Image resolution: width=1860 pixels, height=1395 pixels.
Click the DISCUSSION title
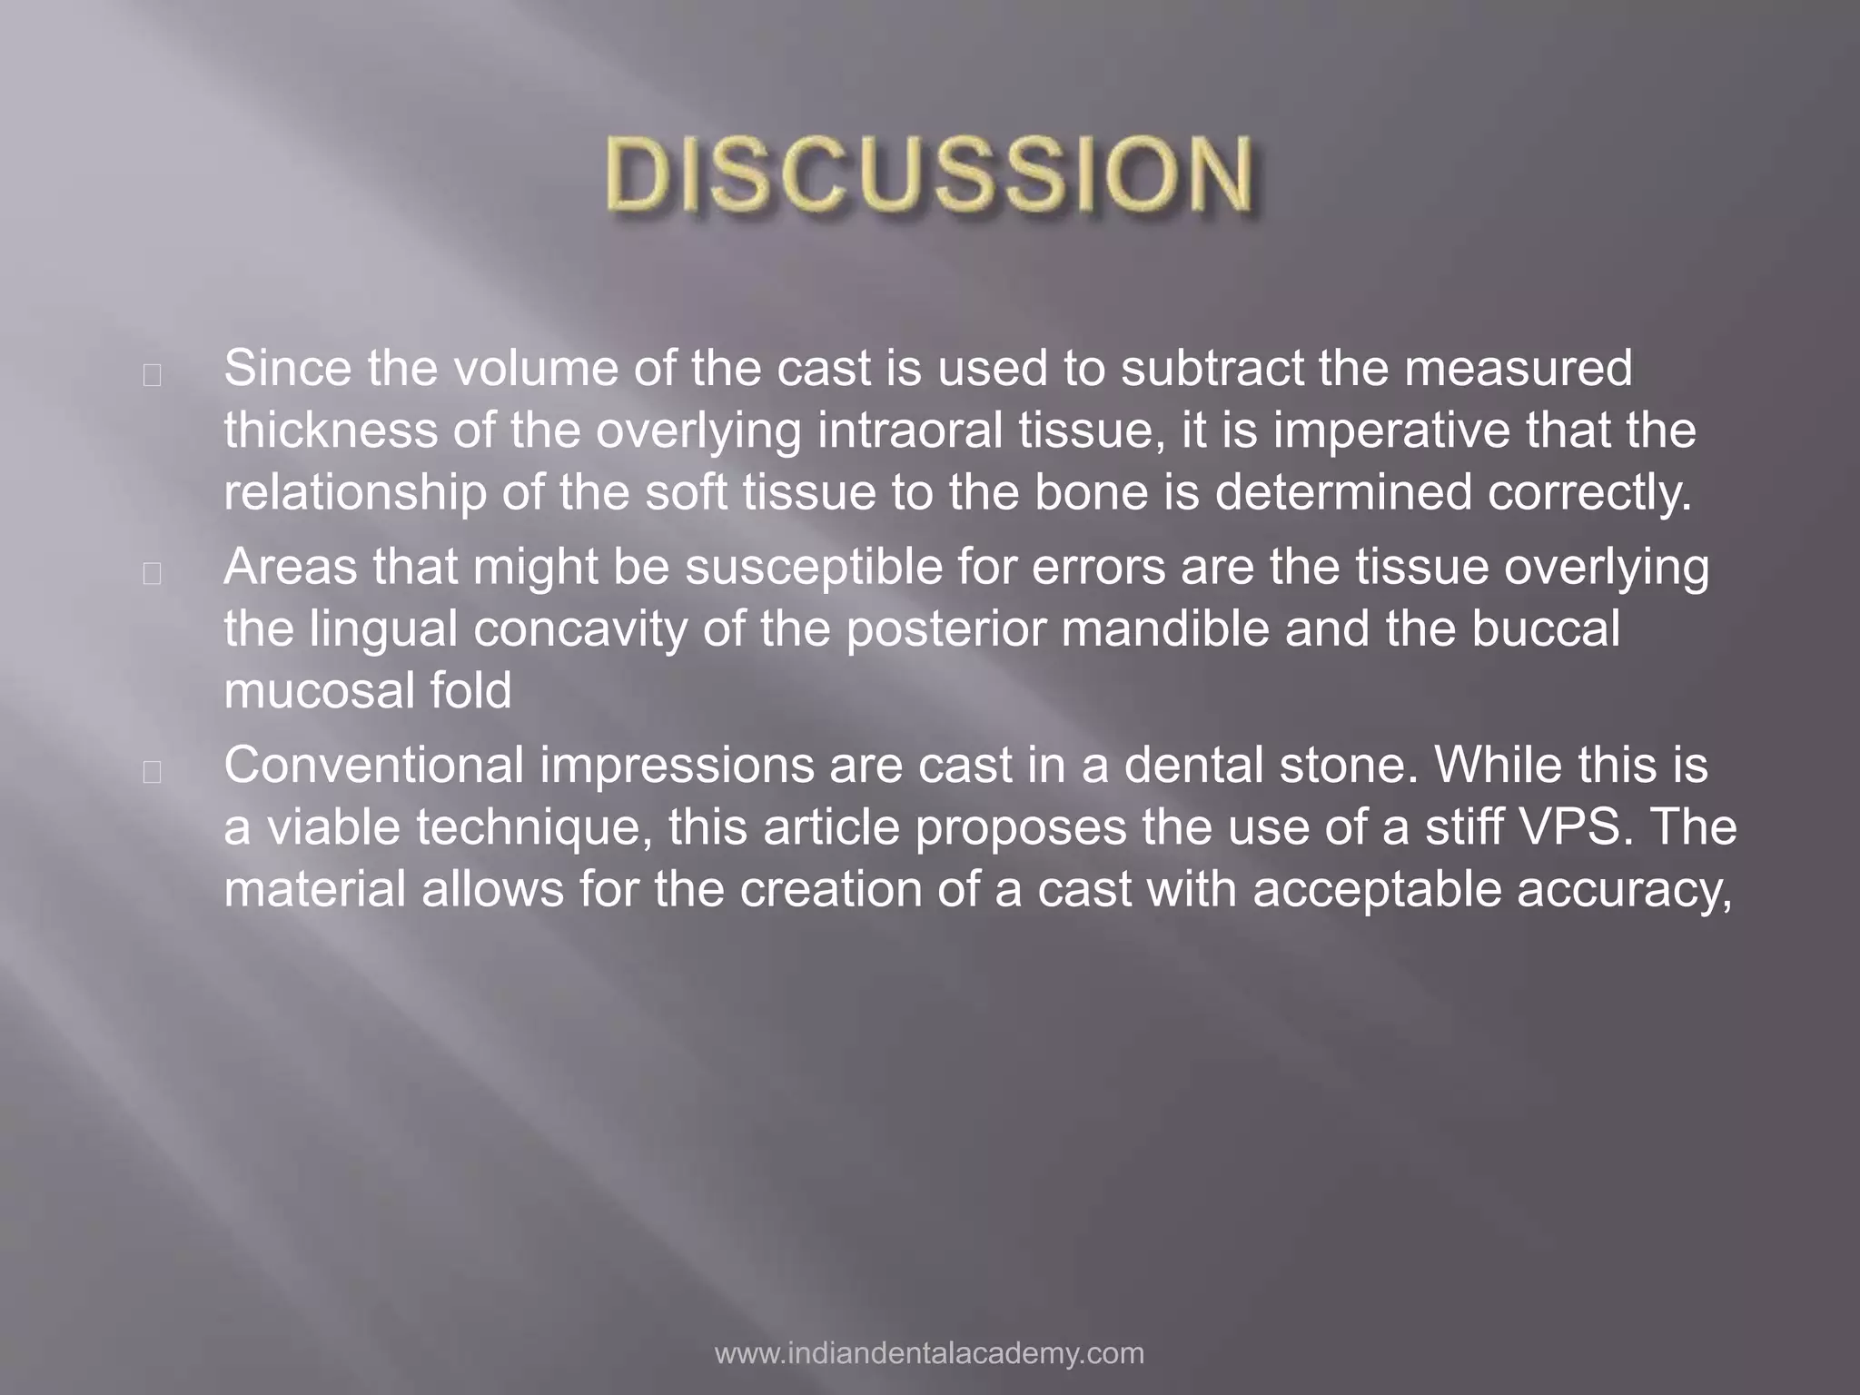[930, 173]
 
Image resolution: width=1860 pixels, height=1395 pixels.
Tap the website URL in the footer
[929, 1352]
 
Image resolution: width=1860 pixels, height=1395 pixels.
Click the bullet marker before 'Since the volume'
[153, 375]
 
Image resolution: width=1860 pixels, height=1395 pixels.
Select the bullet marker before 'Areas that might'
[153, 573]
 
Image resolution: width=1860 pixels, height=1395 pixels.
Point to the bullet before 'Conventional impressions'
[153, 771]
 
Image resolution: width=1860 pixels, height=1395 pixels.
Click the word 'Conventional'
[373, 765]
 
